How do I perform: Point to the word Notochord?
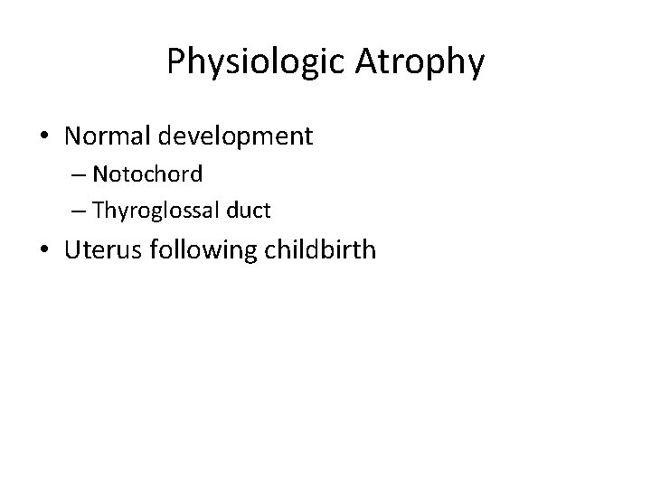tap(146, 173)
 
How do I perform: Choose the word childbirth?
tap(321, 249)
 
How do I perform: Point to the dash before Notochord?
tap(76, 174)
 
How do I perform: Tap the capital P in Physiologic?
tap(175, 61)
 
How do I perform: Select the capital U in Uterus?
tap(73, 249)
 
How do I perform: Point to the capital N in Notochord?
tap(99, 173)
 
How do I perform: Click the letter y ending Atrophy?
tap(476, 65)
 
